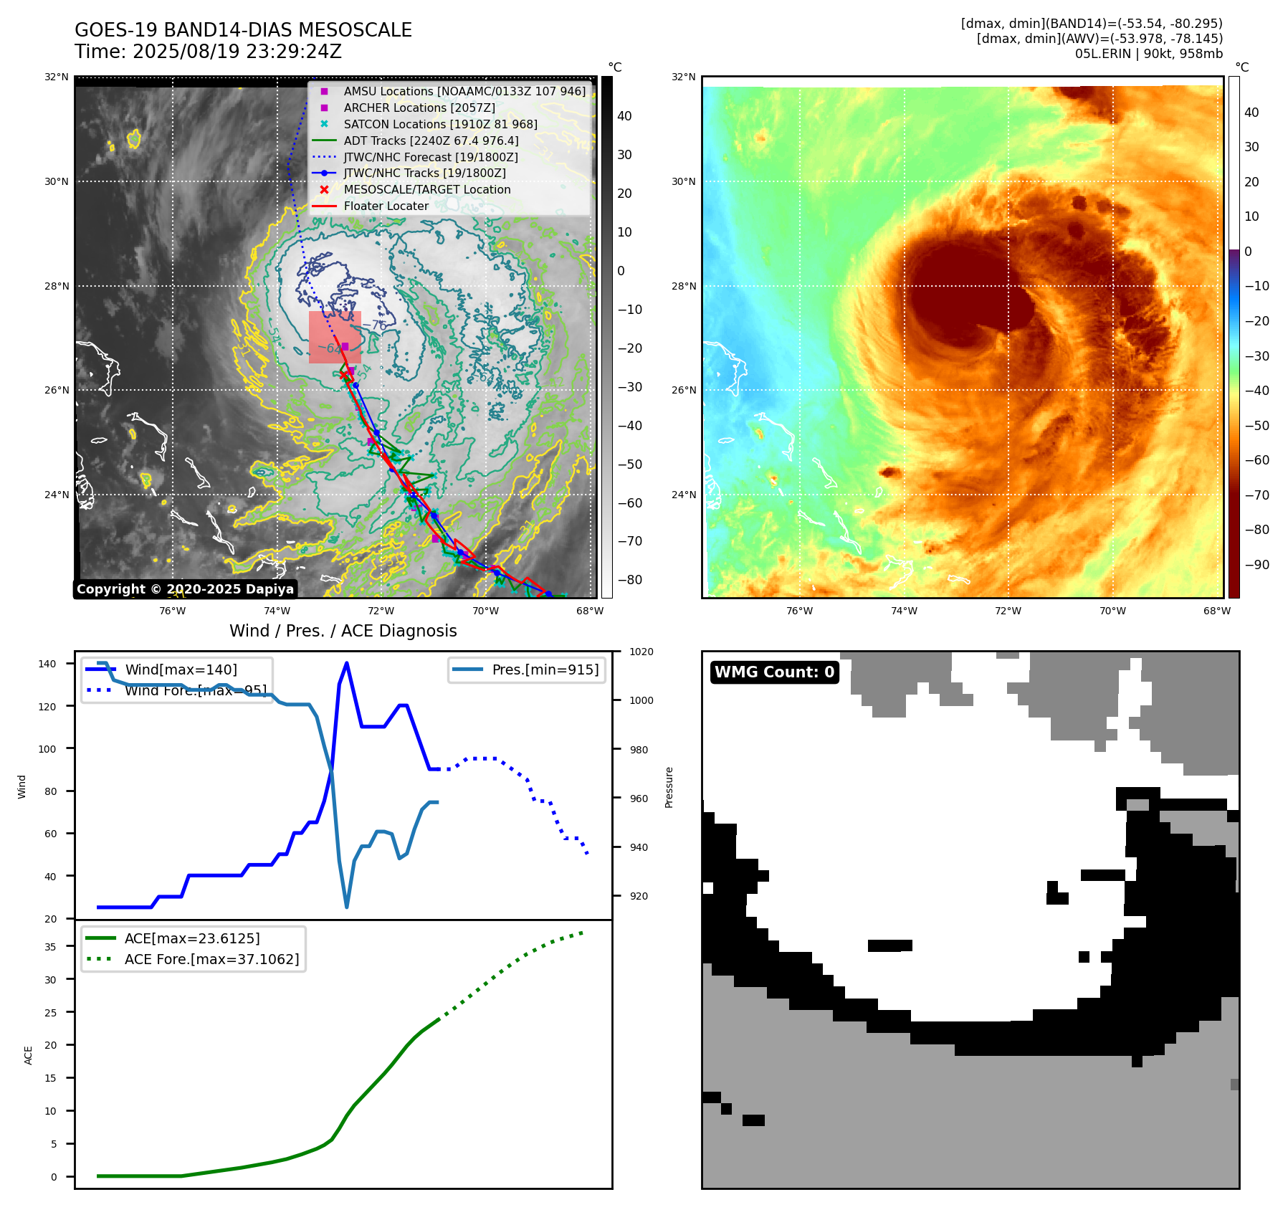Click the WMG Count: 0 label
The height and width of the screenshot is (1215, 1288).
(x=774, y=672)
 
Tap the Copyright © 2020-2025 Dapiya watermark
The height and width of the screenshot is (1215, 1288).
(x=185, y=589)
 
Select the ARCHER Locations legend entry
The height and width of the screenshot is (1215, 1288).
(x=419, y=108)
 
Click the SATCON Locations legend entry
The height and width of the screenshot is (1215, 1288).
(x=440, y=124)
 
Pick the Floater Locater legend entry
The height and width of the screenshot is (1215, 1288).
(x=386, y=206)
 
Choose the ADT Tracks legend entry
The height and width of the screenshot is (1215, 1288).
(x=431, y=140)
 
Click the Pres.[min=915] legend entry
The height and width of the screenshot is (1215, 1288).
(x=545, y=670)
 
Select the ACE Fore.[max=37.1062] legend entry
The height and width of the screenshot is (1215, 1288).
(x=211, y=959)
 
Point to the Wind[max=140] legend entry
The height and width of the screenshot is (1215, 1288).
(x=181, y=670)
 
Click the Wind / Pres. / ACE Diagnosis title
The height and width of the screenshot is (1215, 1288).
(x=343, y=631)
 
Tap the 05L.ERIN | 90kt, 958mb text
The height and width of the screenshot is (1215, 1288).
(x=1148, y=54)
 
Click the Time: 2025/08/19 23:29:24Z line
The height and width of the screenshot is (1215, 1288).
(x=208, y=52)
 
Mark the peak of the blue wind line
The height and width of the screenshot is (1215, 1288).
(x=347, y=663)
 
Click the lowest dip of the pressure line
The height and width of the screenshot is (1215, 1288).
(x=347, y=907)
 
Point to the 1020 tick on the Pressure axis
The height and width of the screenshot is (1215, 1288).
(x=641, y=652)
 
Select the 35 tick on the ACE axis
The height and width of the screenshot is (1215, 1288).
(x=50, y=947)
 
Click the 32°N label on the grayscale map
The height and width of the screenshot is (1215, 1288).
(x=57, y=77)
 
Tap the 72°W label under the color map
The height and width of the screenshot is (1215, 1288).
(x=1008, y=611)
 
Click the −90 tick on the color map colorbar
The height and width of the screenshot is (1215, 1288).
(x=1256, y=565)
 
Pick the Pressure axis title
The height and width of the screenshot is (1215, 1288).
(x=669, y=787)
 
